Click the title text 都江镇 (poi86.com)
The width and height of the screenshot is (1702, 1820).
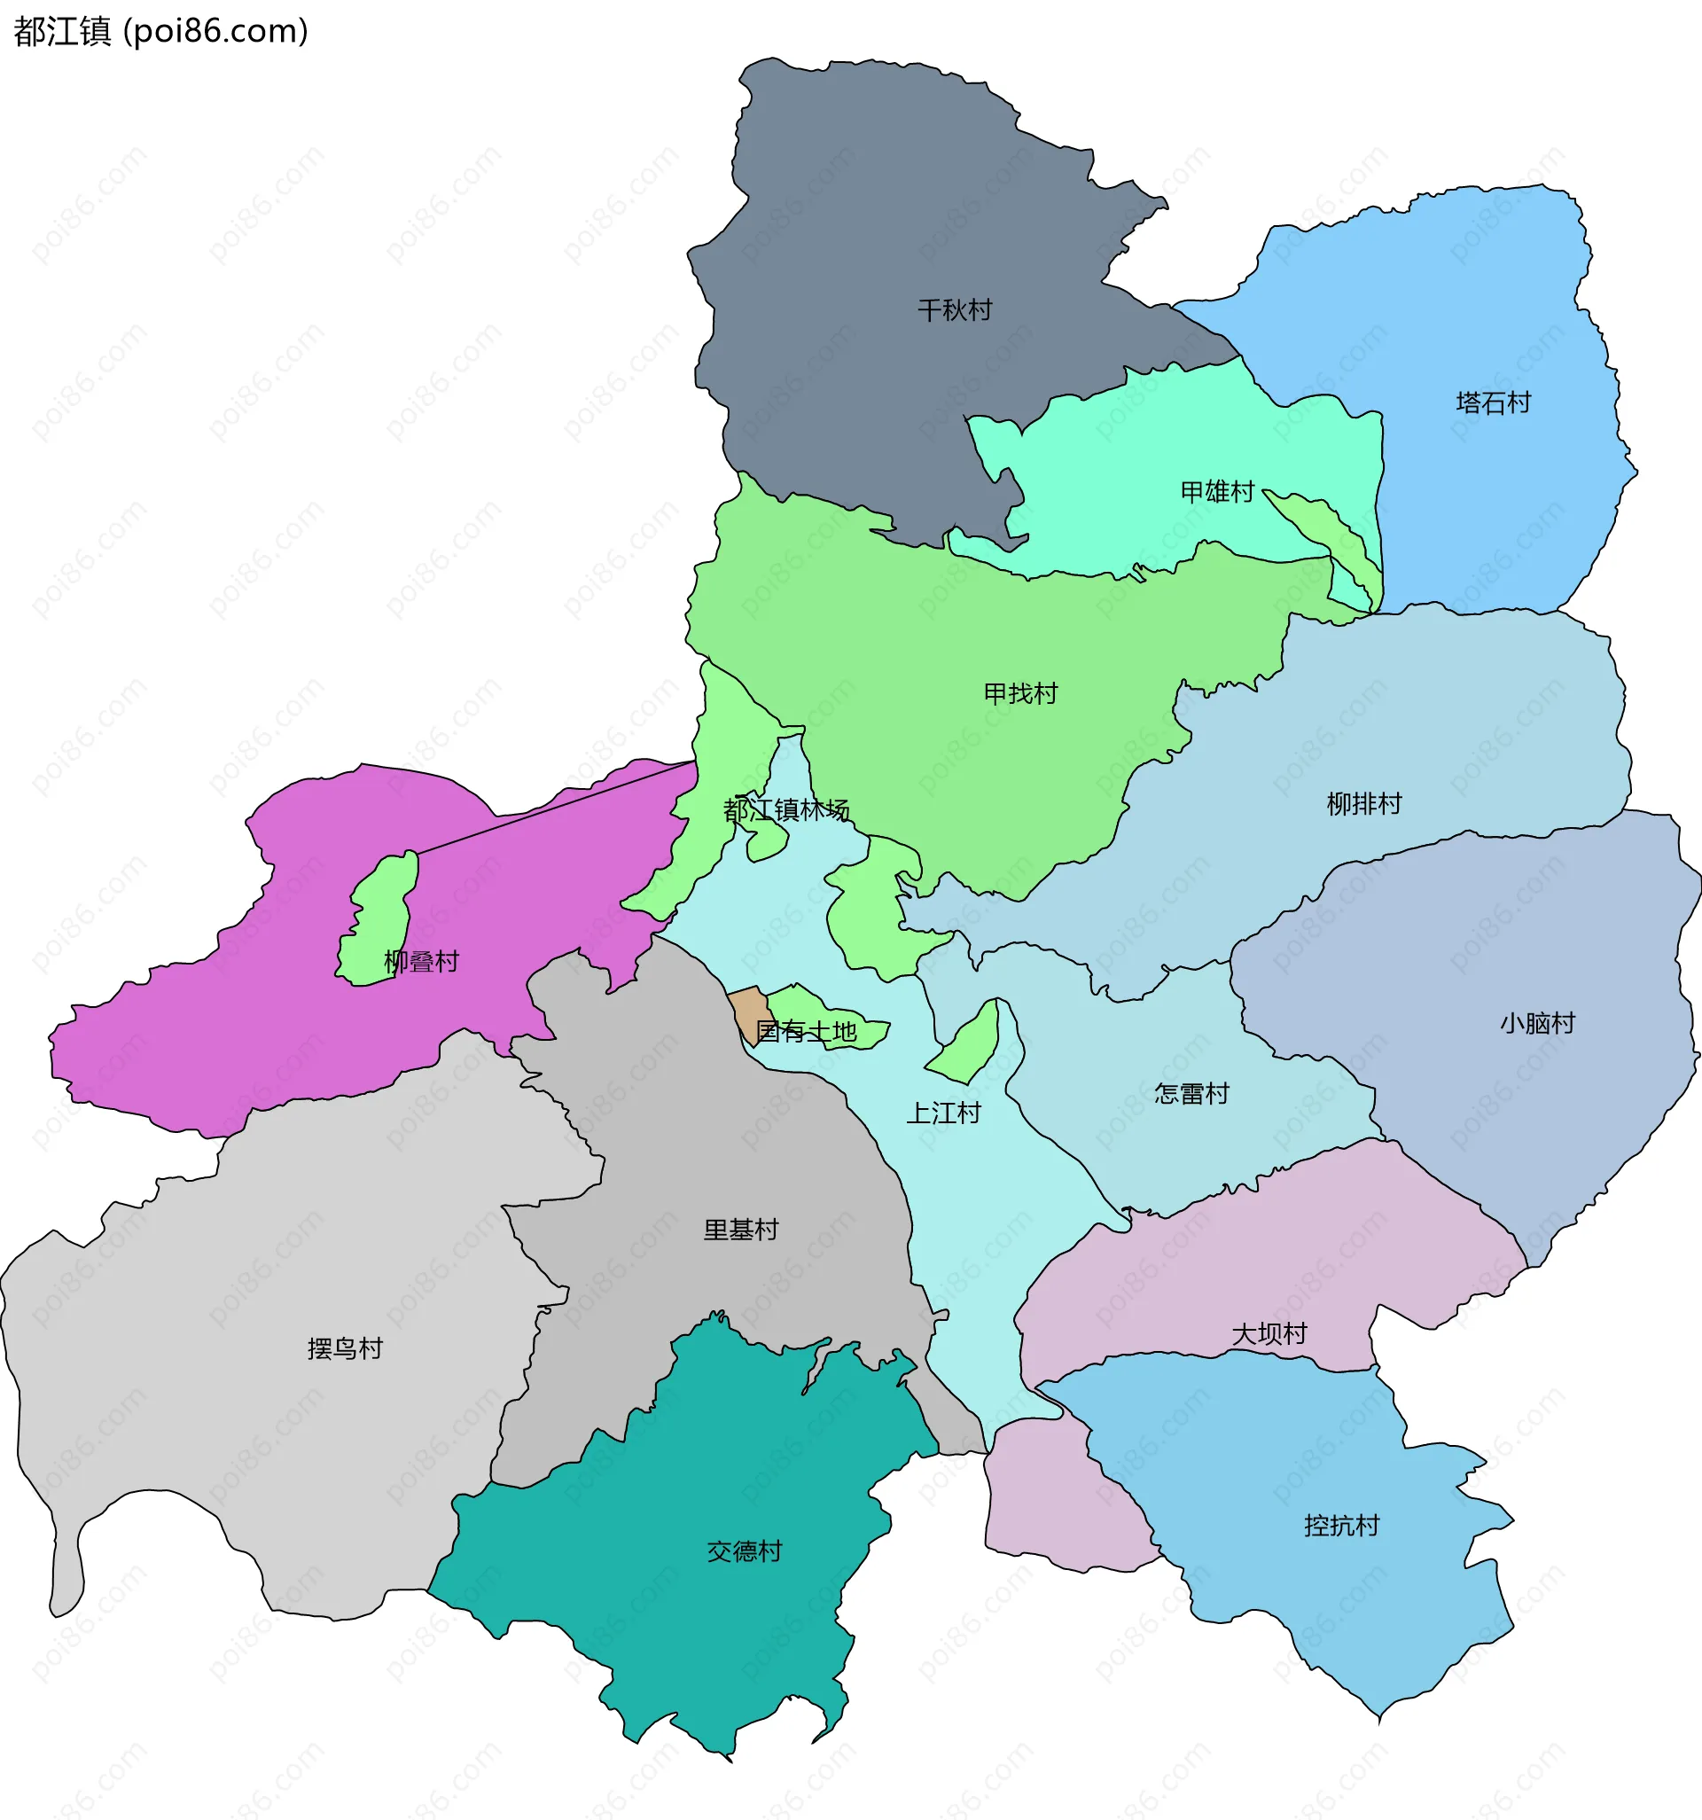tap(161, 32)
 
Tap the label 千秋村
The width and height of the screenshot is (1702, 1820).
tap(955, 310)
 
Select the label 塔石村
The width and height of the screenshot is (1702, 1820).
tap(1494, 402)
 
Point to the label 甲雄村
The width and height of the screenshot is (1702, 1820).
tap(1217, 493)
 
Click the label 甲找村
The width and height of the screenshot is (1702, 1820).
tap(1021, 694)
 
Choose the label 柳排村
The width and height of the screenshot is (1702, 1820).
tap(1364, 804)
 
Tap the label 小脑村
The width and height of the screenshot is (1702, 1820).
tap(1537, 1024)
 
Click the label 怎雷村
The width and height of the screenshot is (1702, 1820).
tap(1191, 1094)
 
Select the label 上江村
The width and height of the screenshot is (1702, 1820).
tap(943, 1113)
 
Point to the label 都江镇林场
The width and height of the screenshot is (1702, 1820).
tap(786, 810)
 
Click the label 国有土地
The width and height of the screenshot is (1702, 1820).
tap(806, 1032)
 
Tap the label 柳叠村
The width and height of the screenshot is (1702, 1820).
tap(421, 961)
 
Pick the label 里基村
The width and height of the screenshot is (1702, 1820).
tap(741, 1230)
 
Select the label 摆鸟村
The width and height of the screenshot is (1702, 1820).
tap(345, 1348)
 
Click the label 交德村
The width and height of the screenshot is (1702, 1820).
tap(745, 1551)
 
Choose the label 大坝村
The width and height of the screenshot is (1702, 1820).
tap(1269, 1334)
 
